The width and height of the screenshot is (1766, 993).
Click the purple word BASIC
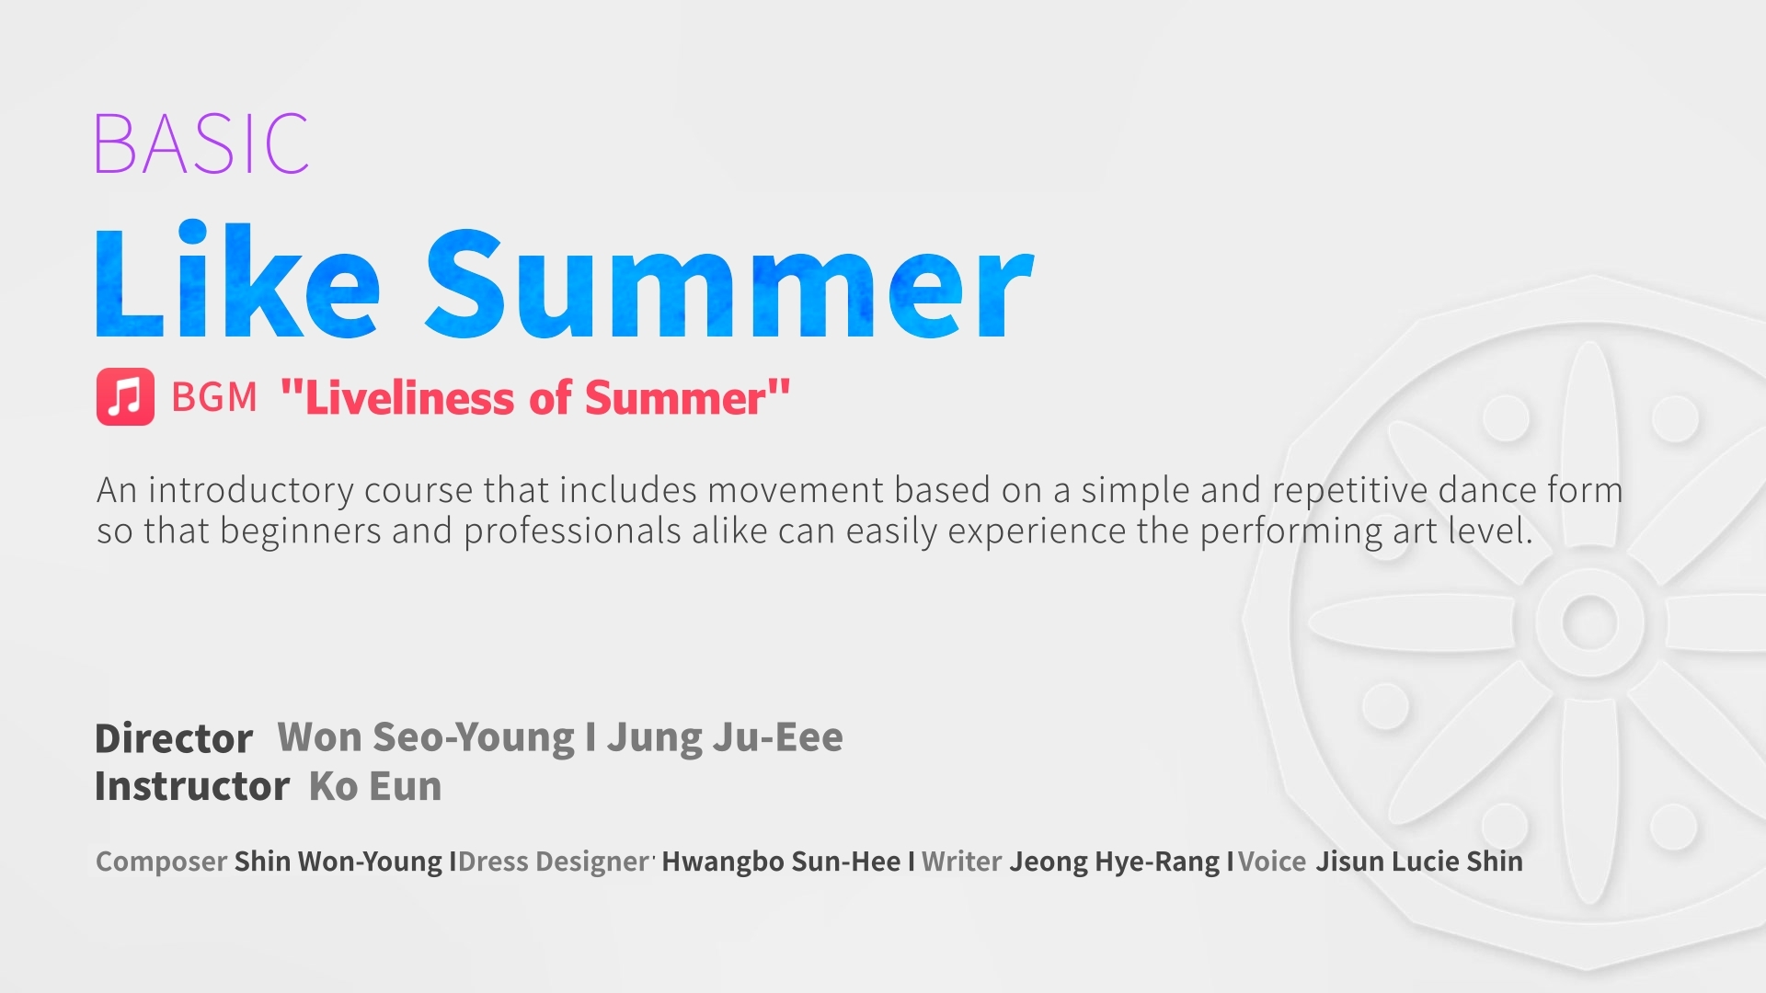(x=201, y=143)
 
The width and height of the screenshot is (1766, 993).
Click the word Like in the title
(x=237, y=280)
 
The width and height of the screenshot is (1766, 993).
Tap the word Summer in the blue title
(x=729, y=285)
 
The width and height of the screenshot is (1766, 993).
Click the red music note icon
(x=125, y=397)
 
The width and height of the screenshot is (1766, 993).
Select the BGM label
(x=214, y=397)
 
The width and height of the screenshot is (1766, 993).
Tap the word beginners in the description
(x=301, y=531)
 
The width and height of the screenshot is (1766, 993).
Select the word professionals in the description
(x=572, y=531)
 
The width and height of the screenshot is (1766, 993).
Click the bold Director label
(x=174, y=738)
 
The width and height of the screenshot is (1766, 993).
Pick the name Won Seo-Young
(x=426, y=737)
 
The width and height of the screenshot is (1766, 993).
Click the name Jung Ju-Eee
(x=725, y=737)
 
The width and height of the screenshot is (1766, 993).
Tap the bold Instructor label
(x=192, y=787)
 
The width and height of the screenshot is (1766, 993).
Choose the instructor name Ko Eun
(x=375, y=787)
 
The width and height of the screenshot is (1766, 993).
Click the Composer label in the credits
(x=161, y=862)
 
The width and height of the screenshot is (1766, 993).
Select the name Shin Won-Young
(x=338, y=862)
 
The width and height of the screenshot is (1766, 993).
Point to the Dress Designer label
(x=555, y=862)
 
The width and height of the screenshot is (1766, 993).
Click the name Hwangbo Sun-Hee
(x=781, y=862)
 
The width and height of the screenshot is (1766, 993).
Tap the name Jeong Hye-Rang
(x=1115, y=862)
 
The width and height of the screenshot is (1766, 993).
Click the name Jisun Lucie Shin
(x=1419, y=862)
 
